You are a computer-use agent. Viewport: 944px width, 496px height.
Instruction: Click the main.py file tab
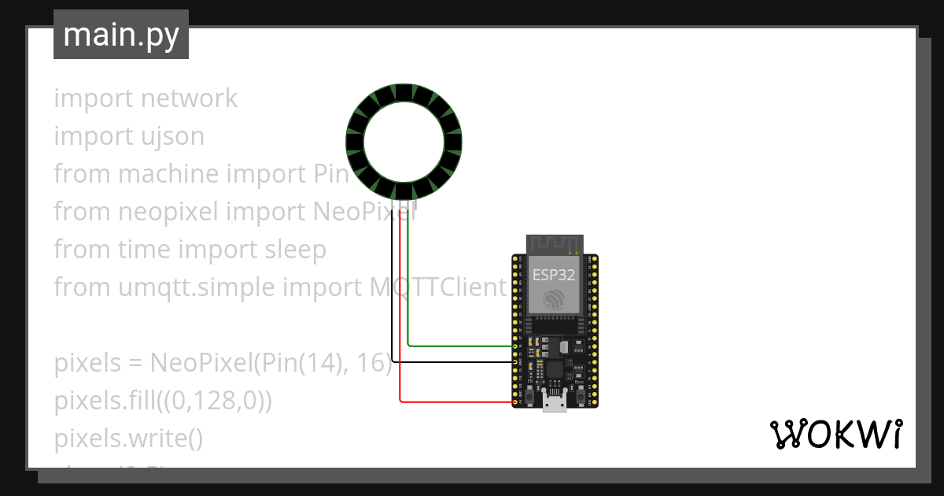[x=121, y=35]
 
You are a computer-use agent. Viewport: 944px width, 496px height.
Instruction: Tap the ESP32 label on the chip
[x=554, y=275]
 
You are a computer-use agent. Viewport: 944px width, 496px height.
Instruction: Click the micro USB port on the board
[x=555, y=403]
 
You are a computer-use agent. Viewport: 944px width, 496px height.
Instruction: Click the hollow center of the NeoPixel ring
[x=404, y=142]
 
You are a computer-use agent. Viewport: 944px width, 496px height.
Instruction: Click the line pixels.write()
[x=128, y=439]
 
